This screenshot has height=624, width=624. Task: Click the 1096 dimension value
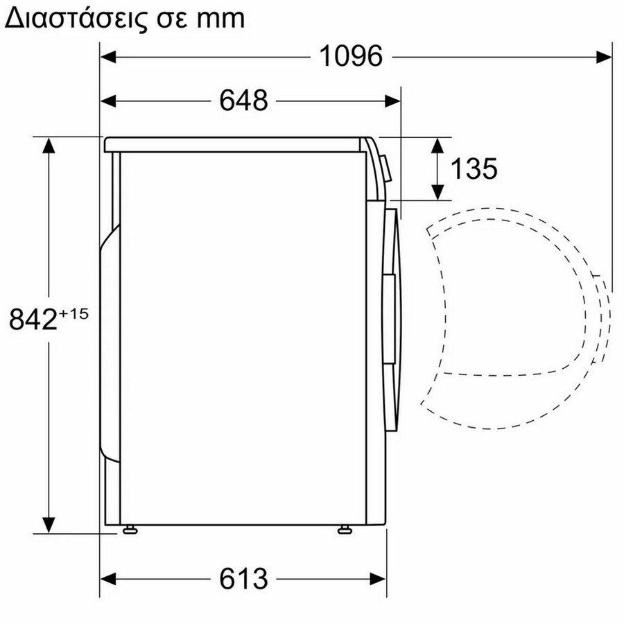(x=351, y=56)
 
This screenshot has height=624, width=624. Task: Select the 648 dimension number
(x=243, y=101)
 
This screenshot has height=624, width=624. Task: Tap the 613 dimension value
(x=243, y=579)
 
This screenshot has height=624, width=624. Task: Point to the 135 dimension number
(x=474, y=168)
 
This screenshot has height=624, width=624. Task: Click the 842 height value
(x=33, y=319)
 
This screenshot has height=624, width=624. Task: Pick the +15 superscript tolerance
(x=74, y=303)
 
